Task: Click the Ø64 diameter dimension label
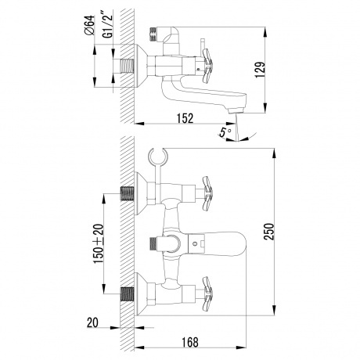[89, 25]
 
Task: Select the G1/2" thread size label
[109, 24]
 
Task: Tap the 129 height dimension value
[260, 70]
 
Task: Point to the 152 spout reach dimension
[185, 118]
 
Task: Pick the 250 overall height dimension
[268, 232]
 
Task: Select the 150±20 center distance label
[99, 243]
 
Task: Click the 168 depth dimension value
[190, 342]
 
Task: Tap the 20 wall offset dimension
[92, 323]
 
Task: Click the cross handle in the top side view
[207, 66]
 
